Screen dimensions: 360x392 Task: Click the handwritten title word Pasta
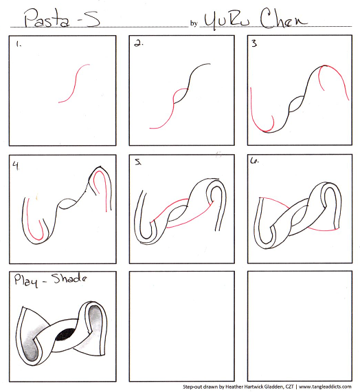click(x=47, y=18)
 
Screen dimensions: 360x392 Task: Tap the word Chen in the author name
click(x=284, y=19)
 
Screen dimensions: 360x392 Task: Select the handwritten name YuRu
click(x=227, y=20)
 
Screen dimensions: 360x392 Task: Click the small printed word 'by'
click(x=194, y=23)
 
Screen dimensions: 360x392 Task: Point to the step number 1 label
click(x=19, y=45)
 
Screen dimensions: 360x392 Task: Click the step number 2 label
click(x=138, y=43)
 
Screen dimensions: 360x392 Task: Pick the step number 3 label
click(x=254, y=43)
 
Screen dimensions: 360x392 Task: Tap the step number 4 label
click(x=16, y=166)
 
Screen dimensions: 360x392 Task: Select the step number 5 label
click(x=138, y=162)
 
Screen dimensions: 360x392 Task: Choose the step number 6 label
click(x=254, y=160)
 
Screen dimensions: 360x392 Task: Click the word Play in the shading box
click(x=26, y=281)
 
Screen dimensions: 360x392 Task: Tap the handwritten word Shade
click(x=69, y=278)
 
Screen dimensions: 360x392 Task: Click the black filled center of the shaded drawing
click(x=63, y=334)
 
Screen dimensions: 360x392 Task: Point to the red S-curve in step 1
click(x=74, y=84)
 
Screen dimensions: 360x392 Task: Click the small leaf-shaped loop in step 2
click(x=181, y=96)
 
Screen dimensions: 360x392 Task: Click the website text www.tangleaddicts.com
click(x=325, y=386)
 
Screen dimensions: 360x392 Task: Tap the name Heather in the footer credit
click(x=233, y=386)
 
